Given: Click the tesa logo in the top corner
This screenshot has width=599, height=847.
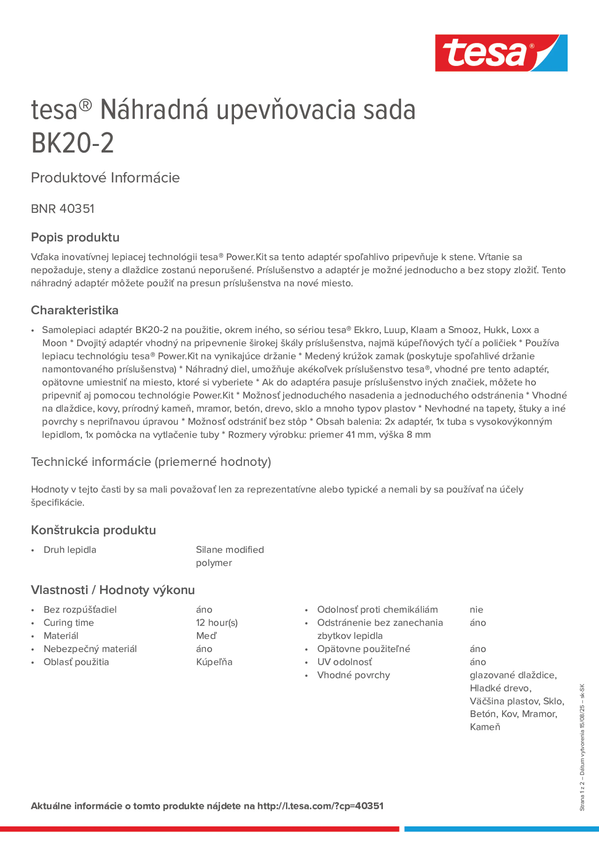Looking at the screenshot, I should click(x=501, y=53).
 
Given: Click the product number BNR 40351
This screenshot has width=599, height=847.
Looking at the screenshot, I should click(x=63, y=209).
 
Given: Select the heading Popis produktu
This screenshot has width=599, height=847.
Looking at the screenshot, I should click(x=75, y=237).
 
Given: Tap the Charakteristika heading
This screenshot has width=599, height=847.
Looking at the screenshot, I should click(x=75, y=310).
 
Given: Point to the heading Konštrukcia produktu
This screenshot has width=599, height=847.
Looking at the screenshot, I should click(x=93, y=530).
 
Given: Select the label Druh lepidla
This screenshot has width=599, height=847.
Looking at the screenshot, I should click(x=70, y=550).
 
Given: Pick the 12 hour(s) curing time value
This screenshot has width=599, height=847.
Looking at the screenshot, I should click(x=217, y=623).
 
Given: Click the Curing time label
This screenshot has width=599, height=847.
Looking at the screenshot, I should click(x=69, y=623).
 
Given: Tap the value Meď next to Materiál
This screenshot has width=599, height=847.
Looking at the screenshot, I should click(x=206, y=635).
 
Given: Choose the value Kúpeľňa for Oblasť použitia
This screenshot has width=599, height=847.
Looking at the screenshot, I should click(x=214, y=662).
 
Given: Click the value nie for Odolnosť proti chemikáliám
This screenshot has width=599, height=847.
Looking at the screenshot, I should click(x=476, y=609).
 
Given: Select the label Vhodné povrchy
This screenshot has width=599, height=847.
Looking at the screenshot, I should click(x=353, y=675).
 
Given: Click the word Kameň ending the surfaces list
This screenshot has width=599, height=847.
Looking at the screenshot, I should click(x=485, y=727).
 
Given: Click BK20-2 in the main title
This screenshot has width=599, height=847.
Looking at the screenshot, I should click(x=72, y=143).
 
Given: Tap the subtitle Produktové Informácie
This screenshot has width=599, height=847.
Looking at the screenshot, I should click(x=105, y=178).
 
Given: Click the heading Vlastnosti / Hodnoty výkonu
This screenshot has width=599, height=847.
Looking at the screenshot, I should click(x=113, y=590).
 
